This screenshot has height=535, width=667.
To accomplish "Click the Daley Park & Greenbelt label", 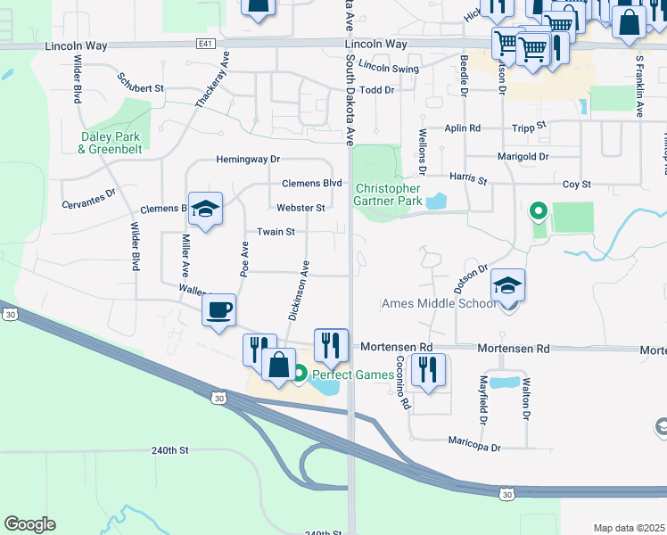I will pos(110,143).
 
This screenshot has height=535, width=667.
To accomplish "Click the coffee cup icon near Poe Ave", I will pos(218,310).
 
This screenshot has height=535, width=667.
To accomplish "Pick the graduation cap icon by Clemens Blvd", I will pos(205,210).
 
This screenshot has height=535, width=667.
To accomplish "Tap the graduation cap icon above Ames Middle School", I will pos(507,285).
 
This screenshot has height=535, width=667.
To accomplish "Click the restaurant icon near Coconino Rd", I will pos(428,369).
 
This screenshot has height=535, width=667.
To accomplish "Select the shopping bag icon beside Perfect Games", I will pos(278,365).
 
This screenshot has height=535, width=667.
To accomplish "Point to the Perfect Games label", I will pos(351,374).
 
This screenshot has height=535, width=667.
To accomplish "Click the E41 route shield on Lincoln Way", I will pos(207,43).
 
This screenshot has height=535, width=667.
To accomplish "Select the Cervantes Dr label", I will pos(89,198).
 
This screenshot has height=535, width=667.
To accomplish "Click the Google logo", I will pos(29,524).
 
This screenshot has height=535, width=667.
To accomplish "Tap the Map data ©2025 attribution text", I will pos(629,528).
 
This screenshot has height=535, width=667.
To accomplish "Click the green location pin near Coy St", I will pos(538,211).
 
